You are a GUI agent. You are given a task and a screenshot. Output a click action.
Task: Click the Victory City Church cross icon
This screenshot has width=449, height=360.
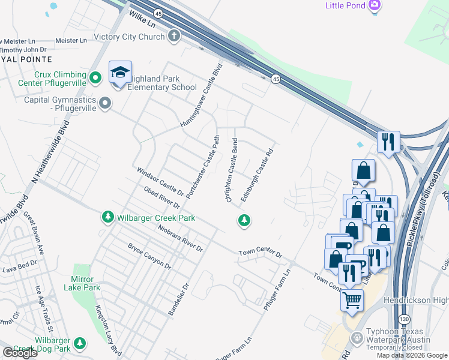click(x=174, y=36)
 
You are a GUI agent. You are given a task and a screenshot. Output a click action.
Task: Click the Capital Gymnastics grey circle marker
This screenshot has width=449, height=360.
click(x=106, y=103)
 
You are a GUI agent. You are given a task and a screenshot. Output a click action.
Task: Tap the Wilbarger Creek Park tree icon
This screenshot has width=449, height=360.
click(x=107, y=217)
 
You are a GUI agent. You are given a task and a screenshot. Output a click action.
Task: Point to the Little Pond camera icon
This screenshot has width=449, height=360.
click(x=375, y=5)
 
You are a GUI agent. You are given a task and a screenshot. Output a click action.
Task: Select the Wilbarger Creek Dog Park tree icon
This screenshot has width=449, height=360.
click(x=79, y=343)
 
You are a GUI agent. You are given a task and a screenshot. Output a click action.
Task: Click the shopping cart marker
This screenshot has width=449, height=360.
click(x=352, y=299)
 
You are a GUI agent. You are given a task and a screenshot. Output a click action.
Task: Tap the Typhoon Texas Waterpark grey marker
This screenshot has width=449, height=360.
click(x=357, y=337)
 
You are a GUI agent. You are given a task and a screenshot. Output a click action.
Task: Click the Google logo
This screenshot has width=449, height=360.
click(x=20, y=353)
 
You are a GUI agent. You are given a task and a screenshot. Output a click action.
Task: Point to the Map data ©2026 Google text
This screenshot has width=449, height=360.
click(x=411, y=355)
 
